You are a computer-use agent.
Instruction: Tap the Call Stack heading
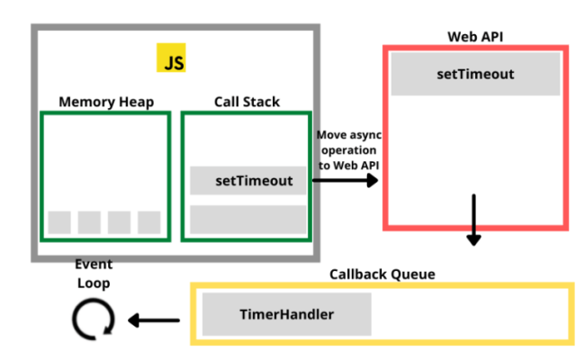point(247,102)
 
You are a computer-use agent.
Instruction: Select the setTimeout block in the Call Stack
point(248,181)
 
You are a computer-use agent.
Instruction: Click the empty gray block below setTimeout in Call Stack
point(248,219)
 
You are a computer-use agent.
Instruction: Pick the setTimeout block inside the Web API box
point(475,75)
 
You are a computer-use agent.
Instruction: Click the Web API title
point(475,36)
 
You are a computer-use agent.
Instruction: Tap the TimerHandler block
point(287,314)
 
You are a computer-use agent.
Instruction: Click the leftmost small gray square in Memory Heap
point(59,221)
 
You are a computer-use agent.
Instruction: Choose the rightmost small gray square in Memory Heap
point(149,221)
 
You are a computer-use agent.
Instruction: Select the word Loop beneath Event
point(93,283)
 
